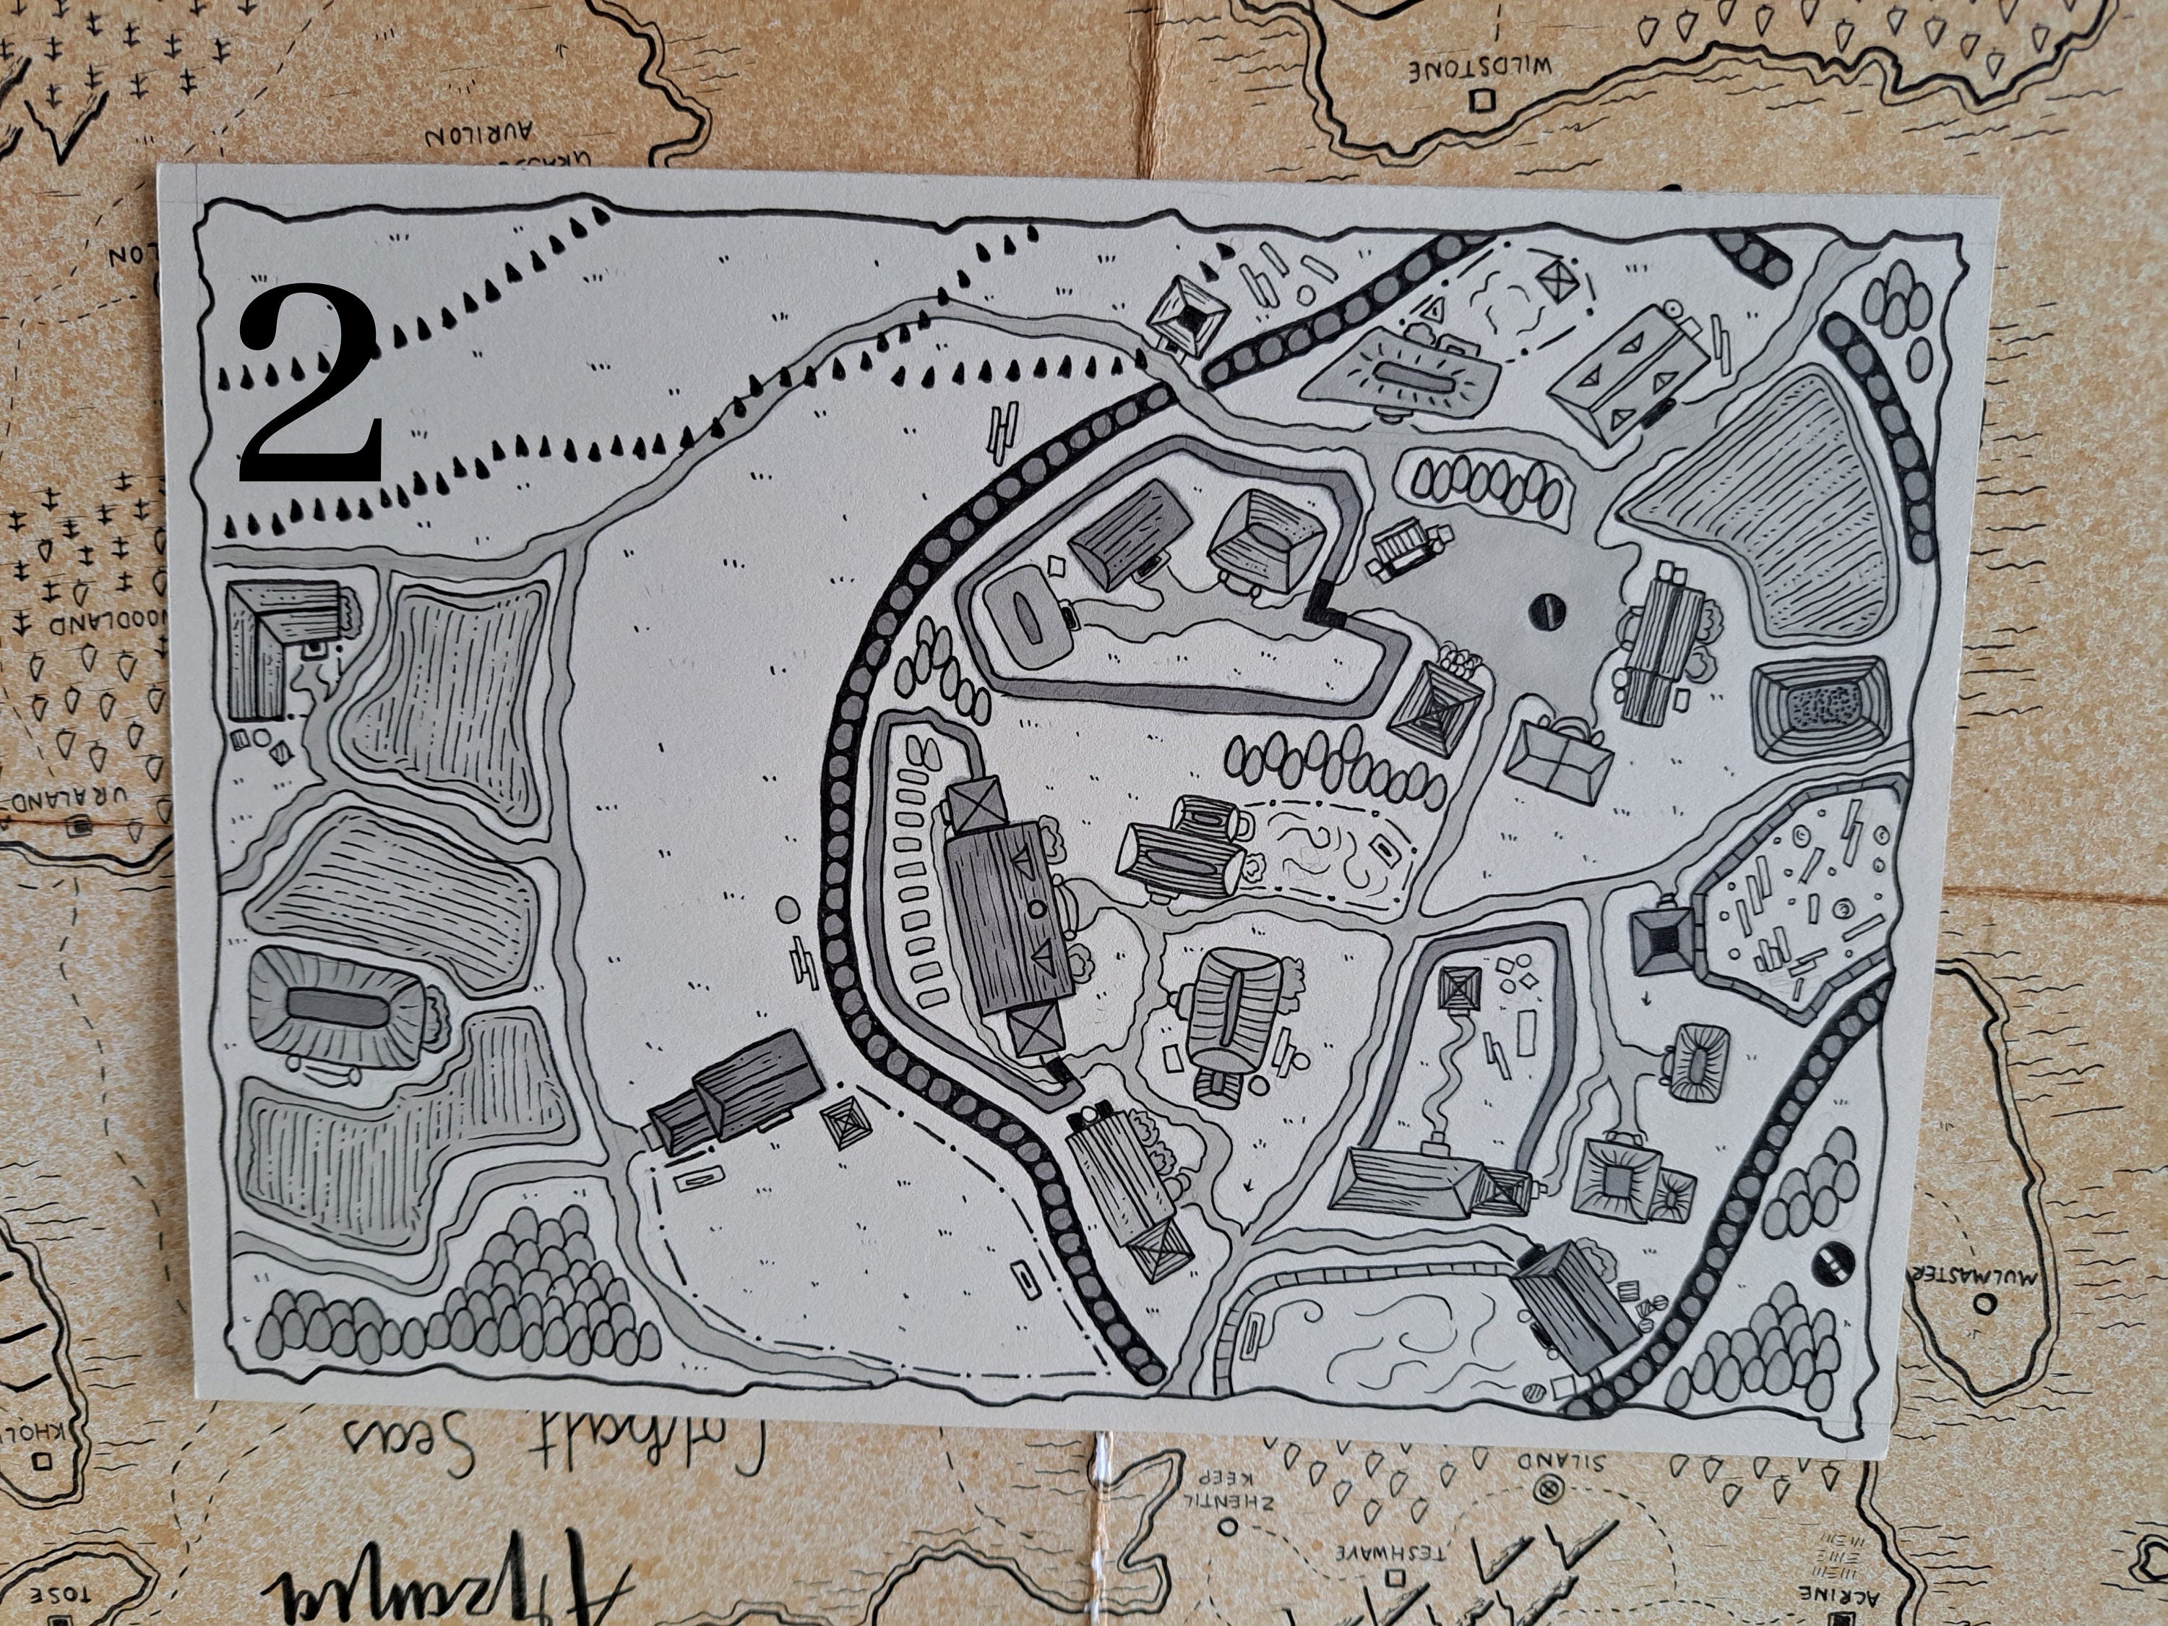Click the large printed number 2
point(309,385)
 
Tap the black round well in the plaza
point(1548,614)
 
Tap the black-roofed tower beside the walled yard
point(1659,938)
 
